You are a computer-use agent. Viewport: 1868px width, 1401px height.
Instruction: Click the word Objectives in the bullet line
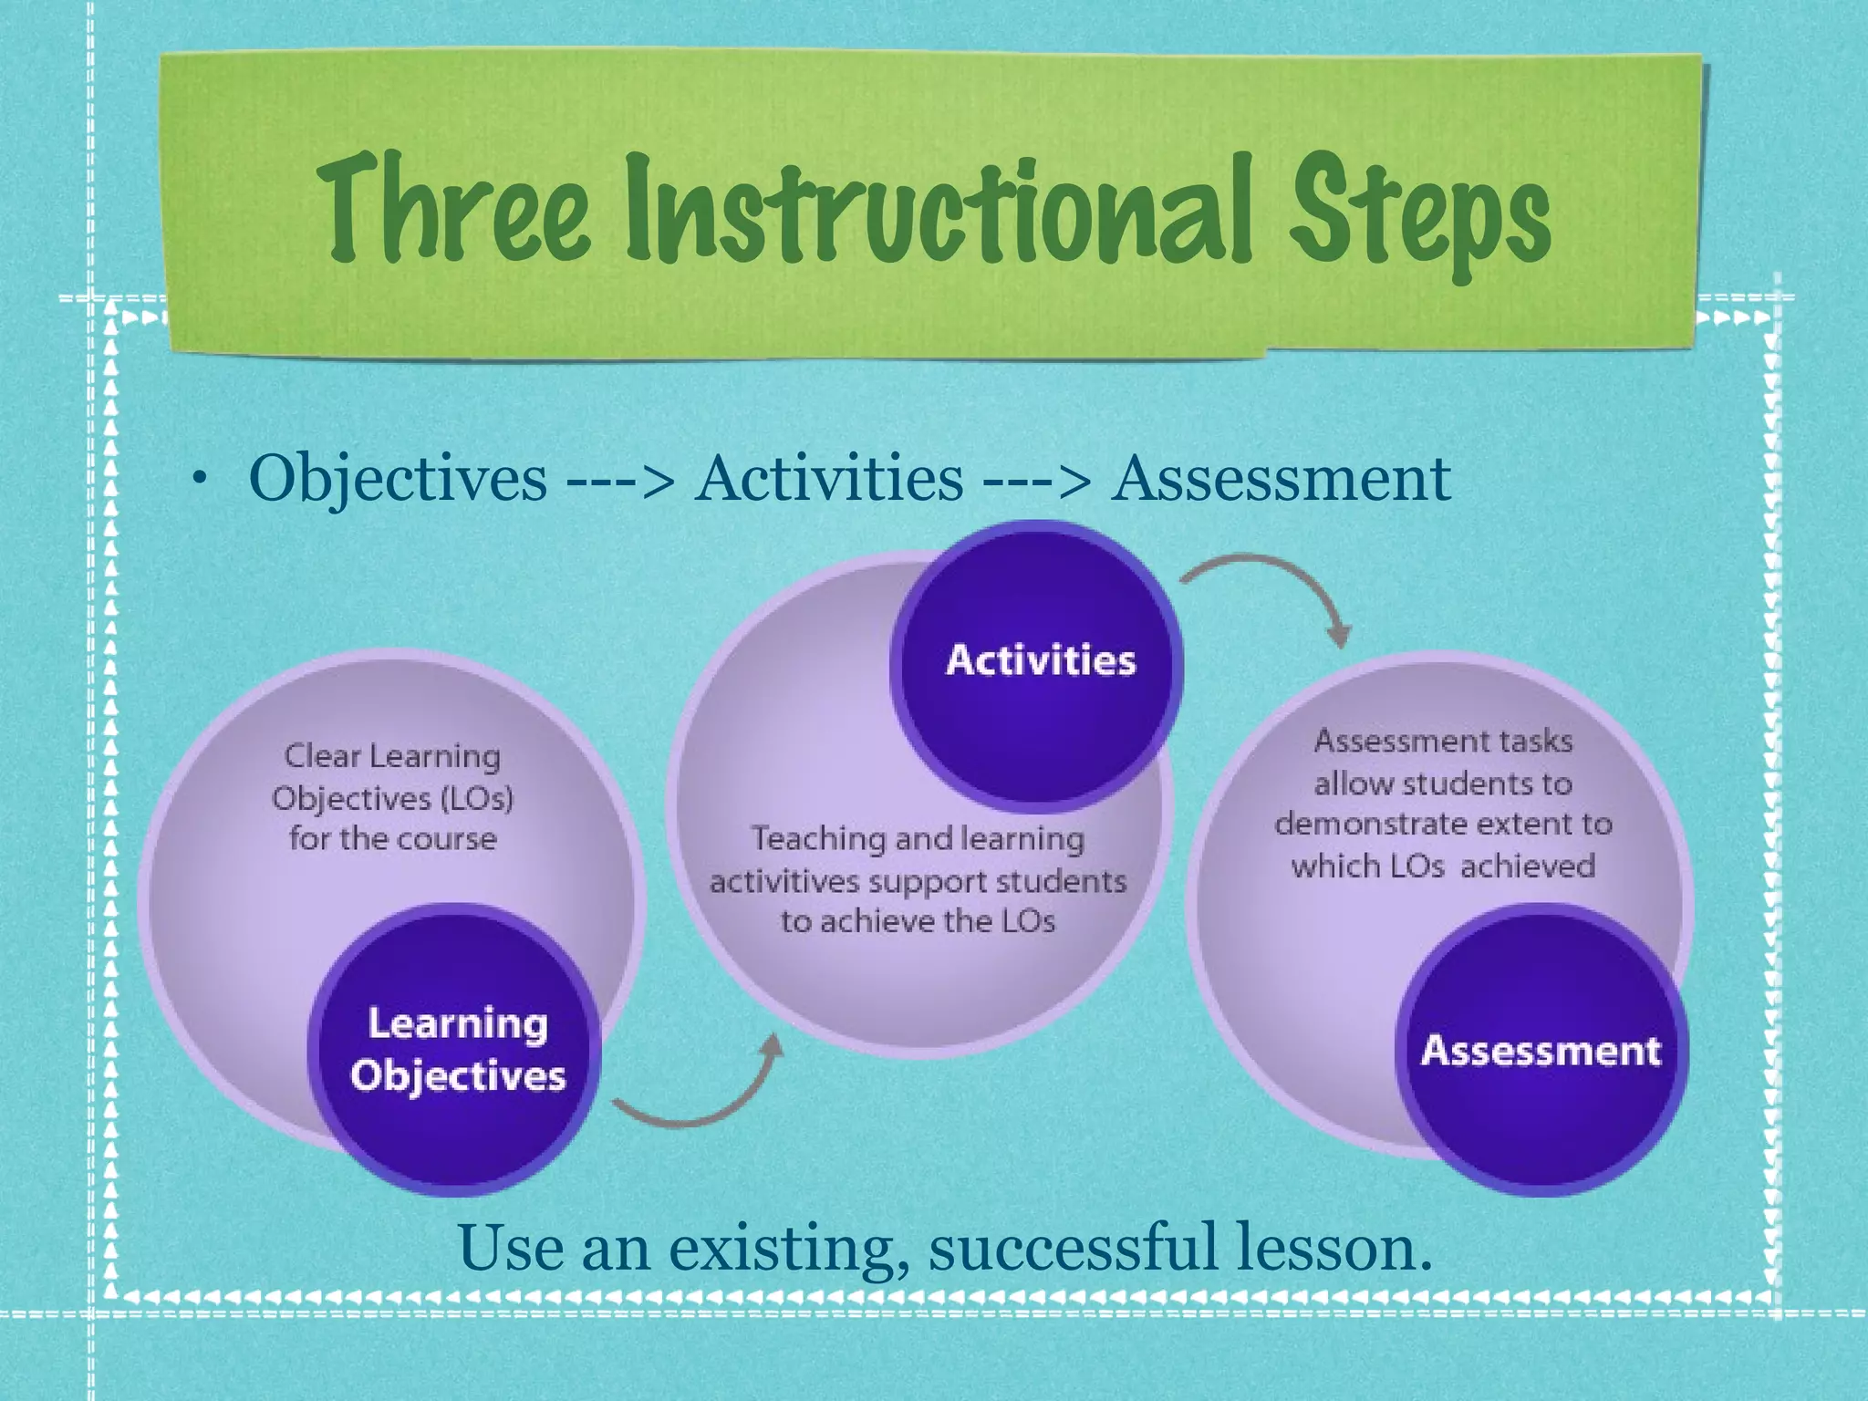398,479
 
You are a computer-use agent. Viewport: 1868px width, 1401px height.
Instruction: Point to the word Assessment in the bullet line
1280,479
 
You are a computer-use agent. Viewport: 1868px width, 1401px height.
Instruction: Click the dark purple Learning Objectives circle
456,1049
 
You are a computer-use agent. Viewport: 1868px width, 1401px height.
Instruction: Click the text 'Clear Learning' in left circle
392,756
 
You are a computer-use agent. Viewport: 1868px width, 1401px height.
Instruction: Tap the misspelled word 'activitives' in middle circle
784,882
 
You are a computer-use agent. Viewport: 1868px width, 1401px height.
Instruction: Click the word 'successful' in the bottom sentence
1073,1249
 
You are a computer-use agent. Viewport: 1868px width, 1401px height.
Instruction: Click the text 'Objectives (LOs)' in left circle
392,799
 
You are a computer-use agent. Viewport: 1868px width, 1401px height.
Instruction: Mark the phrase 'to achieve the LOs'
918,921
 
